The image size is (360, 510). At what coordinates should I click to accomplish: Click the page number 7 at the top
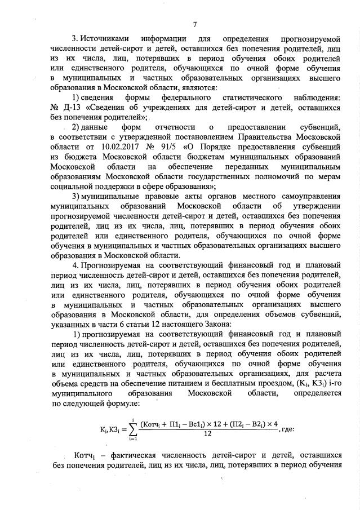194,24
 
